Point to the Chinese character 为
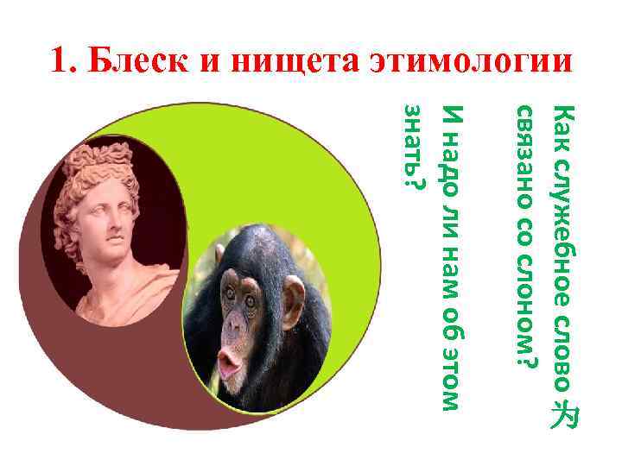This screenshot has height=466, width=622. pyautogui.click(x=563, y=415)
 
